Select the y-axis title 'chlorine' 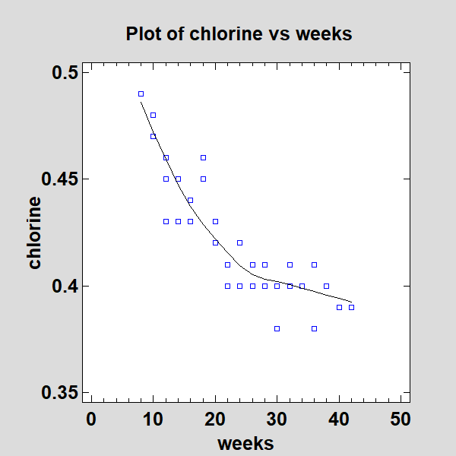pyautogui.click(x=35, y=233)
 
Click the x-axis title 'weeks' pyautogui.click(x=245, y=442)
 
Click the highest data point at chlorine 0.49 pyautogui.click(x=141, y=93)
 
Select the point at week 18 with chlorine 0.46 pyautogui.click(x=203, y=157)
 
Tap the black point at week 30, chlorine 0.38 pyautogui.click(x=277, y=328)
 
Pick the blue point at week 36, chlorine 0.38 pyautogui.click(x=314, y=328)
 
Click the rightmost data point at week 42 pyautogui.click(x=351, y=307)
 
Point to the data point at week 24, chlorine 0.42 pyautogui.click(x=239, y=242)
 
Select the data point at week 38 pyautogui.click(x=326, y=286)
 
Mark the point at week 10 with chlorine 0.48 pyautogui.click(x=153, y=115)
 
